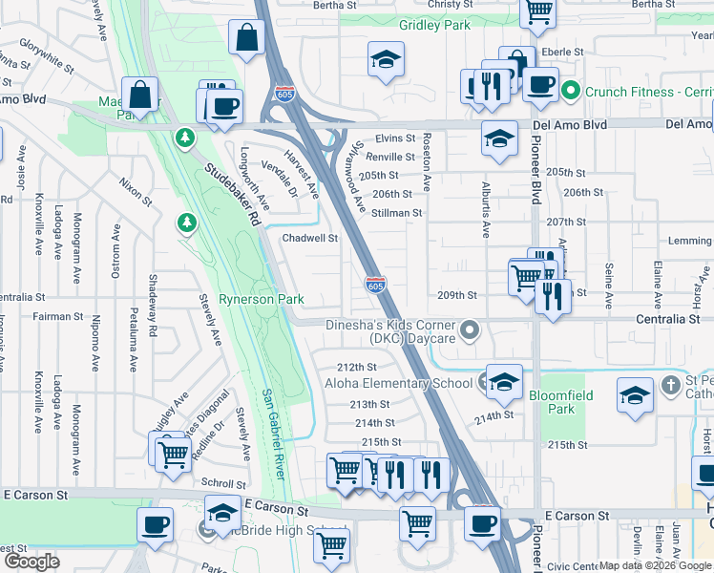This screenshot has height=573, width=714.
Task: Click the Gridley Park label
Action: click(434, 25)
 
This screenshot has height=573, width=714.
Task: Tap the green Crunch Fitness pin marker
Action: click(571, 92)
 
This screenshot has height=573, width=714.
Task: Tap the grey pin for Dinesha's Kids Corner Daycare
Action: click(469, 331)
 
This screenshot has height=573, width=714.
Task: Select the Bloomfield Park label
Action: click(561, 401)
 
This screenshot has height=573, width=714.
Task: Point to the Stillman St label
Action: click(397, 213)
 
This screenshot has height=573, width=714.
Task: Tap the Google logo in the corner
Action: click(31, 561)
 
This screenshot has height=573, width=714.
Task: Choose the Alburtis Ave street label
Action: click(486, 209)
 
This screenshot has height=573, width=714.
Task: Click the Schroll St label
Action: click(224, 484)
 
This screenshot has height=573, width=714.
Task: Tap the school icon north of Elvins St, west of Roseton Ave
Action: click(386, 62)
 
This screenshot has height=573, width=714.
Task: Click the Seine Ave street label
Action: click(608, 286)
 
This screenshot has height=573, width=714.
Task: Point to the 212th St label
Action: click(357, 367)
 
